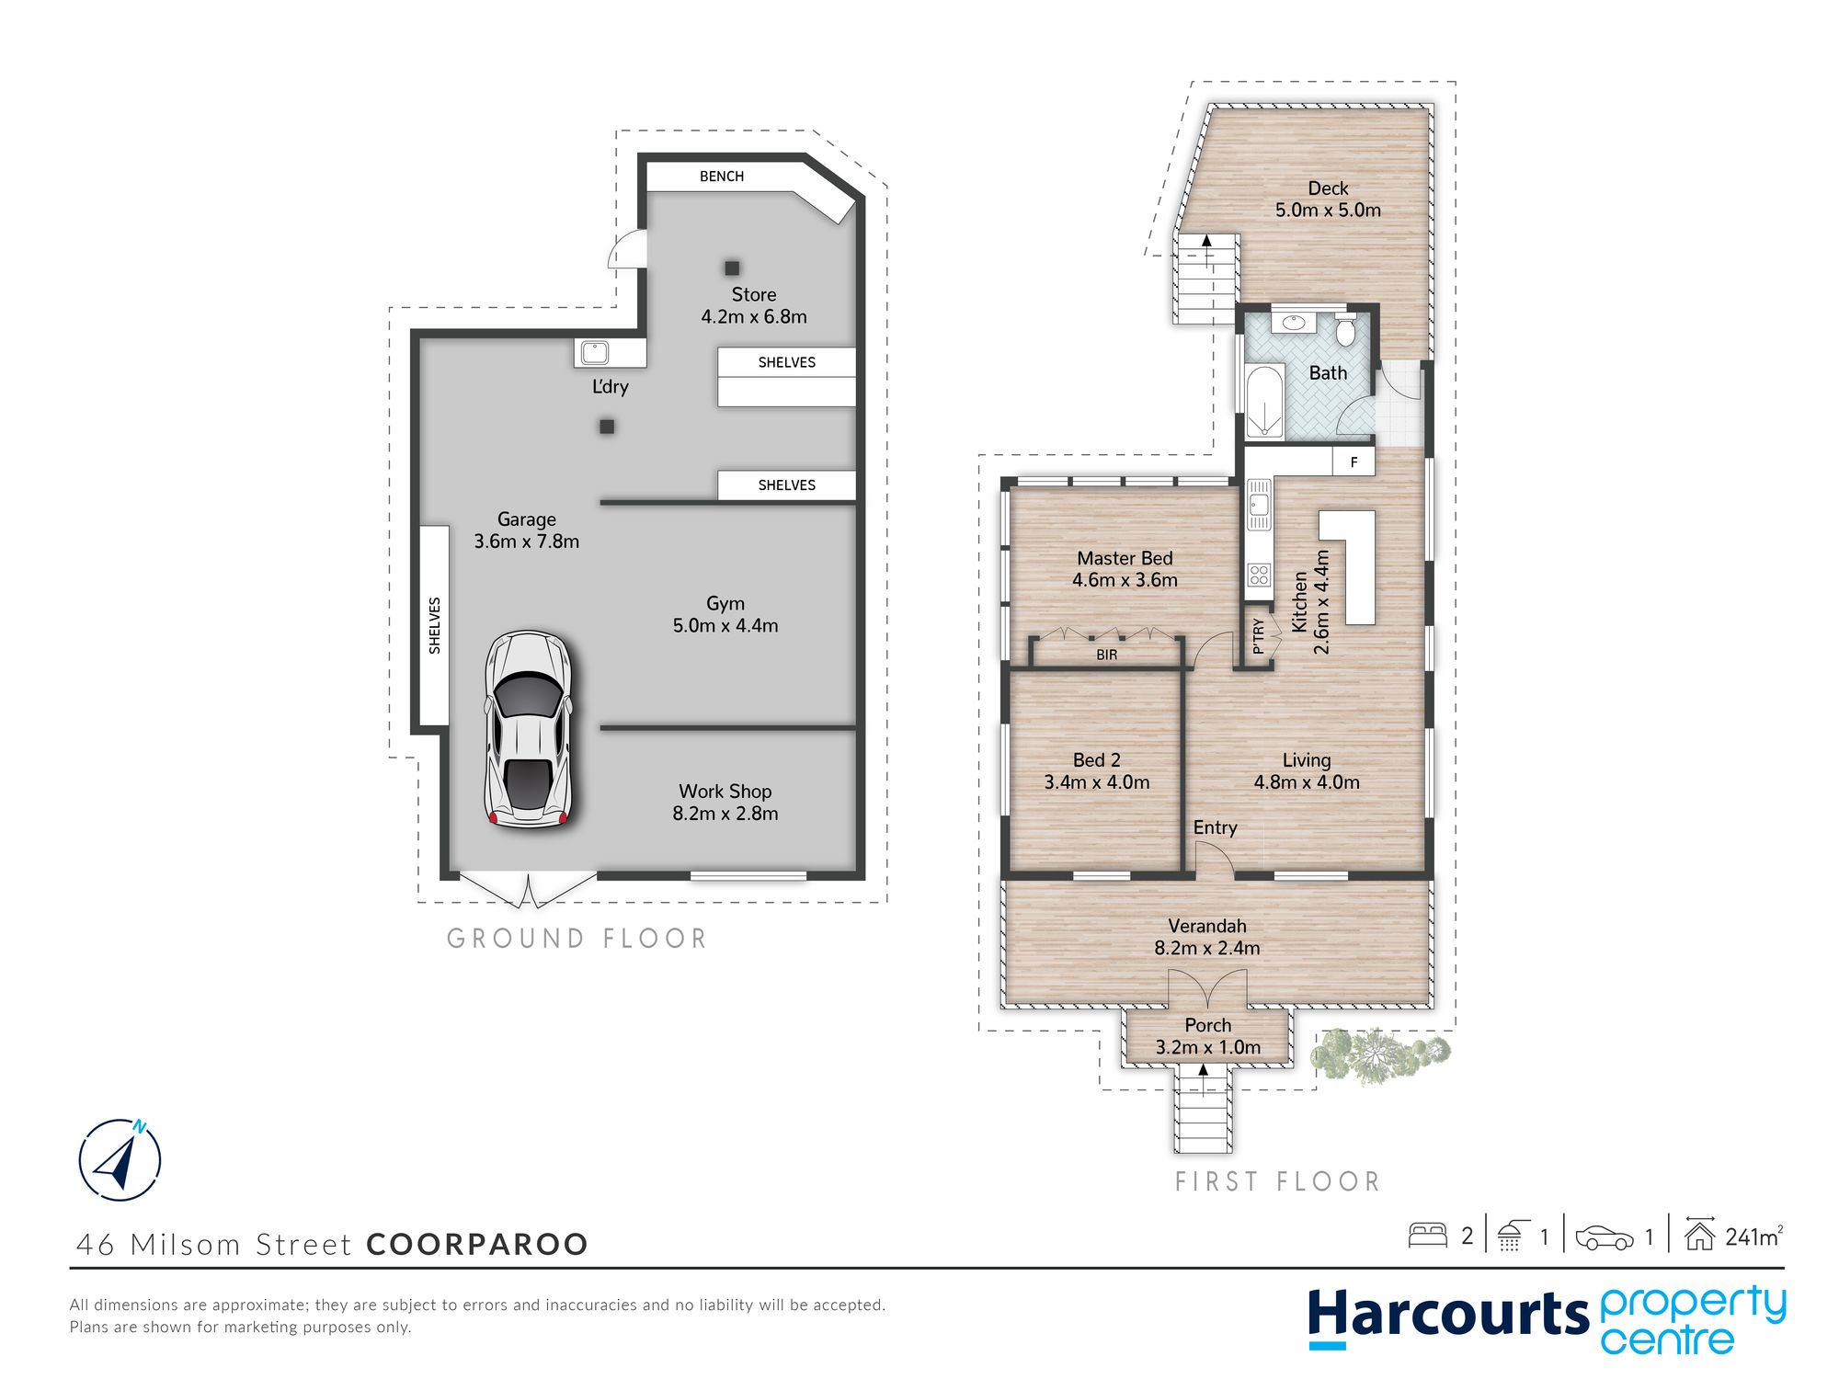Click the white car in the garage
[x=528, y=729]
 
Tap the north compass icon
[x=120, y=1160]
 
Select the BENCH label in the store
[x=722, y=177]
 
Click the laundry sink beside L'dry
[x=594, y=352]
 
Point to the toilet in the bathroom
[x=1345, y=330]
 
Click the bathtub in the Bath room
[x=1264, y=402]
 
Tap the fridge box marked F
[x=1354, y=462]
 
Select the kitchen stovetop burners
[x=1259, y=576]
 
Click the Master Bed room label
[x=1125, y=558]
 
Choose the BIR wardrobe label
[x=1107, y=655]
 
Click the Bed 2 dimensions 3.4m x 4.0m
[x=1097, y=782]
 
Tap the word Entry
[x=1215, y=828]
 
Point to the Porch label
[x=1207, y=1025]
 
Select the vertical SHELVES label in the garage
[x=435, y=626]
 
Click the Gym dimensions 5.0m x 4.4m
[x=725, y=626]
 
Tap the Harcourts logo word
[x=1448, y=1316]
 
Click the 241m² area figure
[x=1754, y=1237]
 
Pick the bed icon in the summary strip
[x=1428, y=1235]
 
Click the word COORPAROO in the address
[x=477, y=1244]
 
